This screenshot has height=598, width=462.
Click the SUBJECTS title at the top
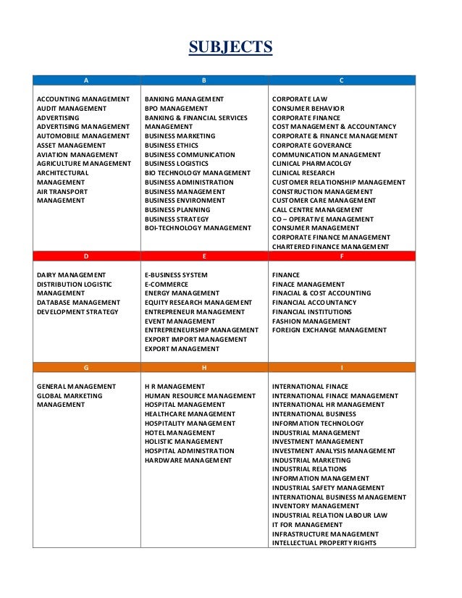point(230,48)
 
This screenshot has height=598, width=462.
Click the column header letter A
point(87,80)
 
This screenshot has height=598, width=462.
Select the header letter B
point(204,80)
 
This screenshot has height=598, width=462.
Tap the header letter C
point(341,80)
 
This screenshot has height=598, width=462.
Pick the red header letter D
point(87,256)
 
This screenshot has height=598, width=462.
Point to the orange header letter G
point(87,368)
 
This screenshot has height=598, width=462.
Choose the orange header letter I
point(341,368)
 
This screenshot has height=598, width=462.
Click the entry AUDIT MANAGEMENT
point(72,108)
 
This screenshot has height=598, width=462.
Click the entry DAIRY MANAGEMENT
point(71,275)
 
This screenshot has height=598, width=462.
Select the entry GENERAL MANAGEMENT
point(76,387)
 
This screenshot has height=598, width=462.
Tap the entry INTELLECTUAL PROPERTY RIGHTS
point(324,543)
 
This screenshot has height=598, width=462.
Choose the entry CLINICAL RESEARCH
point(303,173)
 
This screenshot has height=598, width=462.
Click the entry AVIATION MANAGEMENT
point(77,154)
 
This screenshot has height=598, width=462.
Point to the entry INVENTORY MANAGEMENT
point(316,506)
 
